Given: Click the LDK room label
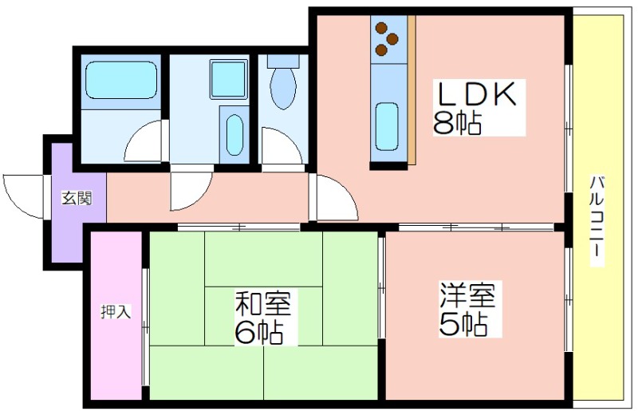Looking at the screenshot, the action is pos(476,94).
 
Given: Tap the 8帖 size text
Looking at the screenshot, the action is pos(457,123).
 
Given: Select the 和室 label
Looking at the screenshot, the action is pos(263,303).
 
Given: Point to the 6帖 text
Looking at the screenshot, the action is pos(258,331).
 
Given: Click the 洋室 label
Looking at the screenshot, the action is pos(467,295).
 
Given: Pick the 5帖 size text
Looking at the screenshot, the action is pos(463,323).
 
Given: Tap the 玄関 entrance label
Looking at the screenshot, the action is pos(77,198).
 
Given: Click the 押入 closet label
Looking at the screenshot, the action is pos(116,311).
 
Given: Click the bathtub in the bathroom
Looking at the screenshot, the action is pos(122,80).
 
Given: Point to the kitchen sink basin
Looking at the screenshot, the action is pos(387,126).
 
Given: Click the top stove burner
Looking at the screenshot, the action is pos(381,28).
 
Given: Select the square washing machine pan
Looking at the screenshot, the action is pos(229,79).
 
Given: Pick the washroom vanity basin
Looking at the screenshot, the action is pos(234,134).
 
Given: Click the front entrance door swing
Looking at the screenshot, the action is pos(24,196).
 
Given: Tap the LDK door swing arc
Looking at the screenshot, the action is pos(337,197).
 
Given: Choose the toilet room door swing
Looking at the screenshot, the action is pos(282,145).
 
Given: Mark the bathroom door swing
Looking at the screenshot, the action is pos(144,140).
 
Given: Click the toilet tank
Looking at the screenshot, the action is pos(283,61).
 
